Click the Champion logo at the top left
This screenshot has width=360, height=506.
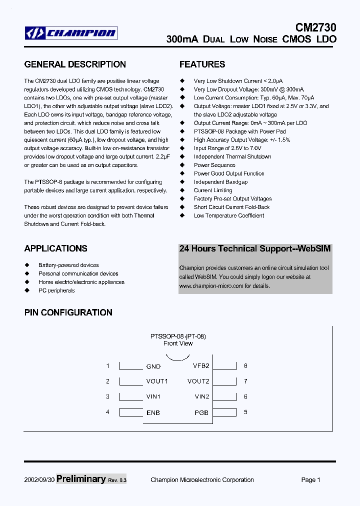[x=71, y=33]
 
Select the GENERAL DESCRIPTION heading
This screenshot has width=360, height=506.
[x=75, y=64]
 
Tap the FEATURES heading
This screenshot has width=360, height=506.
[x=202, y=64]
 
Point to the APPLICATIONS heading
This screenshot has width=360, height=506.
[x=55, y=248]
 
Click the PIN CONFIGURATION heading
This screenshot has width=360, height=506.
[x=68, y=312]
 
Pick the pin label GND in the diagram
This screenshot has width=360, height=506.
[x=153, y=366]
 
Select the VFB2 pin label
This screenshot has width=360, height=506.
[x=201, y=365]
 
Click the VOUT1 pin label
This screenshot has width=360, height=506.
[x=157, y=381]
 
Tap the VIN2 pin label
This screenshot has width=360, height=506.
[x=202, y=397]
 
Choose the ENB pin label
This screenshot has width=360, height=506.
[x=153, y=413]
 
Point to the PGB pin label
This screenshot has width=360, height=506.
[x=201, y=413]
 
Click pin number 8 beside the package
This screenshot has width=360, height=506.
[x=245, y=366]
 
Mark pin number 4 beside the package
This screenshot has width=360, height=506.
[x=107, y=412]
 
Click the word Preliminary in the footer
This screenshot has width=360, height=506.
[x=81, y=479]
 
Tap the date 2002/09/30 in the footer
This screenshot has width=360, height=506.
[x=39, y=480]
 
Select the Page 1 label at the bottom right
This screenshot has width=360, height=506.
[x=310, y=480]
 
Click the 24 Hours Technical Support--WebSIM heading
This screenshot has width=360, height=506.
[x=255, y=248]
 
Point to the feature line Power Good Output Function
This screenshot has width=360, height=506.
[x=229, y=173]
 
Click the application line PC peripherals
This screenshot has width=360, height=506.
[x=56, y=290]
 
